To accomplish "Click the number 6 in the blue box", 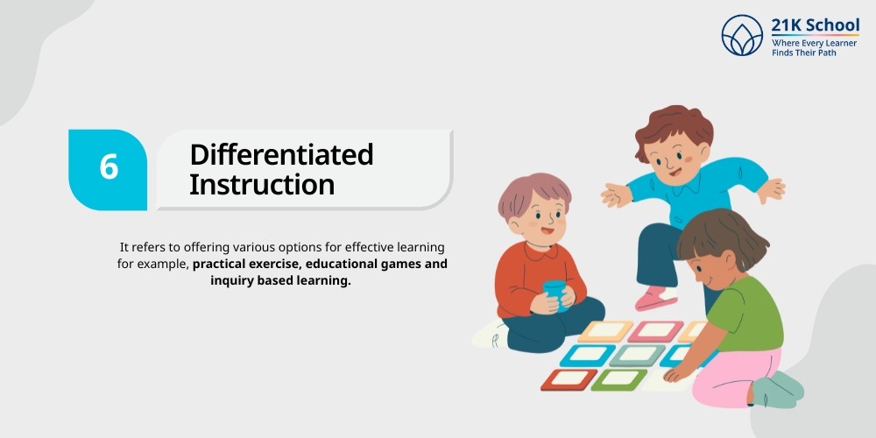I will [x=109, y=166].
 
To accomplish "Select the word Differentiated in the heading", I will [x=281, y=154].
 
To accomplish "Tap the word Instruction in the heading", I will [x=262, y=185].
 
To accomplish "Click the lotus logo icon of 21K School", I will [x=742, y=35].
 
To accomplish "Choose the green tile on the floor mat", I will [x=618, y=379].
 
